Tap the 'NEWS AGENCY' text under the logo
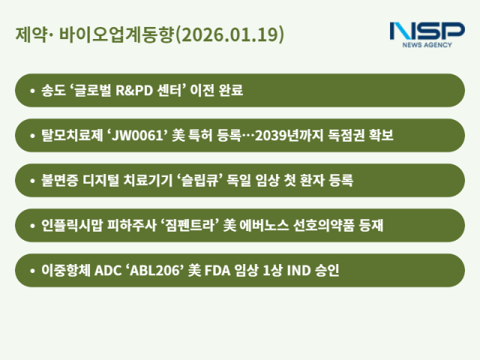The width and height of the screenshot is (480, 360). click(x=427, y=45)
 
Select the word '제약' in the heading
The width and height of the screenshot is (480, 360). click(x=28, y=34)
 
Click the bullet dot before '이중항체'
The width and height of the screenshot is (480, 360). click(x=31, y=271)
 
